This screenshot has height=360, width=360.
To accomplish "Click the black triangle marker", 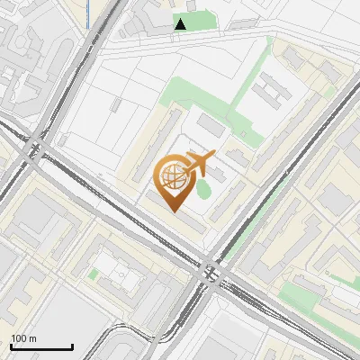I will click(x=181, y=24).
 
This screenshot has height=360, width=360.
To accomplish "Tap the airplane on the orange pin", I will click(x=197, y=163).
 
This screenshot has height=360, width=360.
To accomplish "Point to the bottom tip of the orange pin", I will click(x=173, y=211).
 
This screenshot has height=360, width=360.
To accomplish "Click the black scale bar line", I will click(x=41, y=346).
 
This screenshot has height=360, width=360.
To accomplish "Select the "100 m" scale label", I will click(x=23, y=338).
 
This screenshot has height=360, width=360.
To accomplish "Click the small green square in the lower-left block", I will click(x=93, y=273).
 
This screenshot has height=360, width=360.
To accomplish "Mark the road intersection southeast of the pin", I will click(x=212, y=270).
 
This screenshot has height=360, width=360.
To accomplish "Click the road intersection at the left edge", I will click(x=36, y=148).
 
